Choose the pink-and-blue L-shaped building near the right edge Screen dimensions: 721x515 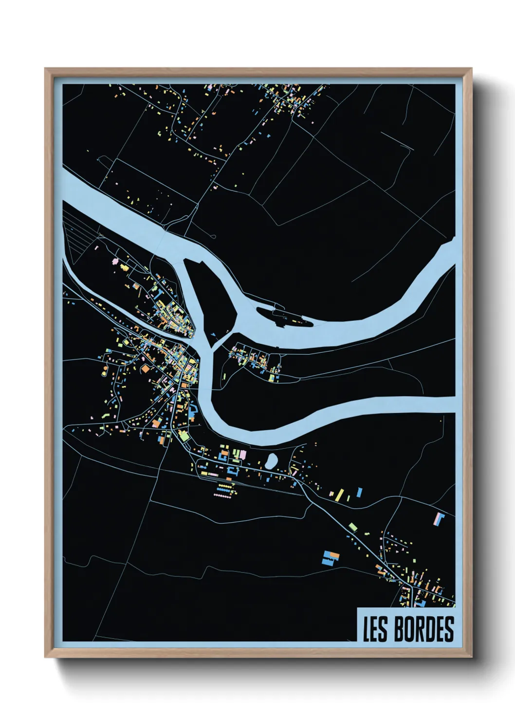point(439,518)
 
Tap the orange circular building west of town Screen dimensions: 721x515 point(145,369)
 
